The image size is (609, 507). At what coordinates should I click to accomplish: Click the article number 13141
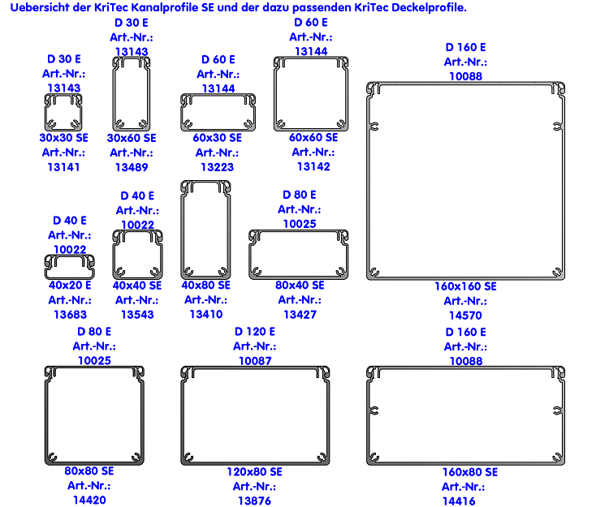(63, 166)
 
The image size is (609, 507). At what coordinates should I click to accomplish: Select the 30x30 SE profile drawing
(63, 112)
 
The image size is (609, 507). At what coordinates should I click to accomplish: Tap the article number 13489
(132, 167)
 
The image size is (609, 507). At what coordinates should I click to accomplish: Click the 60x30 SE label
(217, 138)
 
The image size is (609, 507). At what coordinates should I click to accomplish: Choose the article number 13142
(313, 166)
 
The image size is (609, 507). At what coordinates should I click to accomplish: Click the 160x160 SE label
(465, 286)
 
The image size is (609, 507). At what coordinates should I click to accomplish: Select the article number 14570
(465, 316)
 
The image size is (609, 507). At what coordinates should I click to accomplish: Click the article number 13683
(70, 314)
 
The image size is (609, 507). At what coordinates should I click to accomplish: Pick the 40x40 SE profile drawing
(137, 254)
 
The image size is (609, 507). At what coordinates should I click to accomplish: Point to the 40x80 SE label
(205, 285)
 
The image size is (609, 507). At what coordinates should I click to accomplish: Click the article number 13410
(205, 314)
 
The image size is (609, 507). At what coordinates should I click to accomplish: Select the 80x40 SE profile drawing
(300, 254)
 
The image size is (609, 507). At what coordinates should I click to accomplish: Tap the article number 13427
(300, 314)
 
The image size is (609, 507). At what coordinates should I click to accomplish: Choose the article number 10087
(255, 360)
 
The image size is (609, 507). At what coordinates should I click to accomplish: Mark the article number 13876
(254, 501)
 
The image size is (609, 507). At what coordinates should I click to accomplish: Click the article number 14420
(89, 500)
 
